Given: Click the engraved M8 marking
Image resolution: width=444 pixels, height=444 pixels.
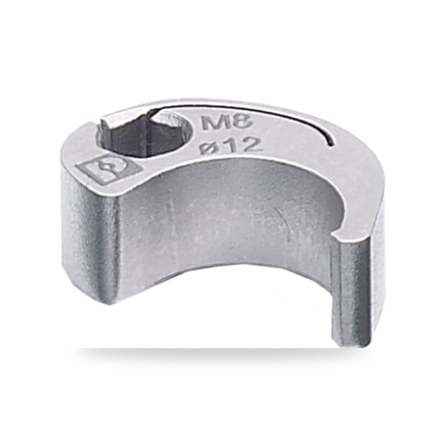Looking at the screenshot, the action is [x=226, y=123].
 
